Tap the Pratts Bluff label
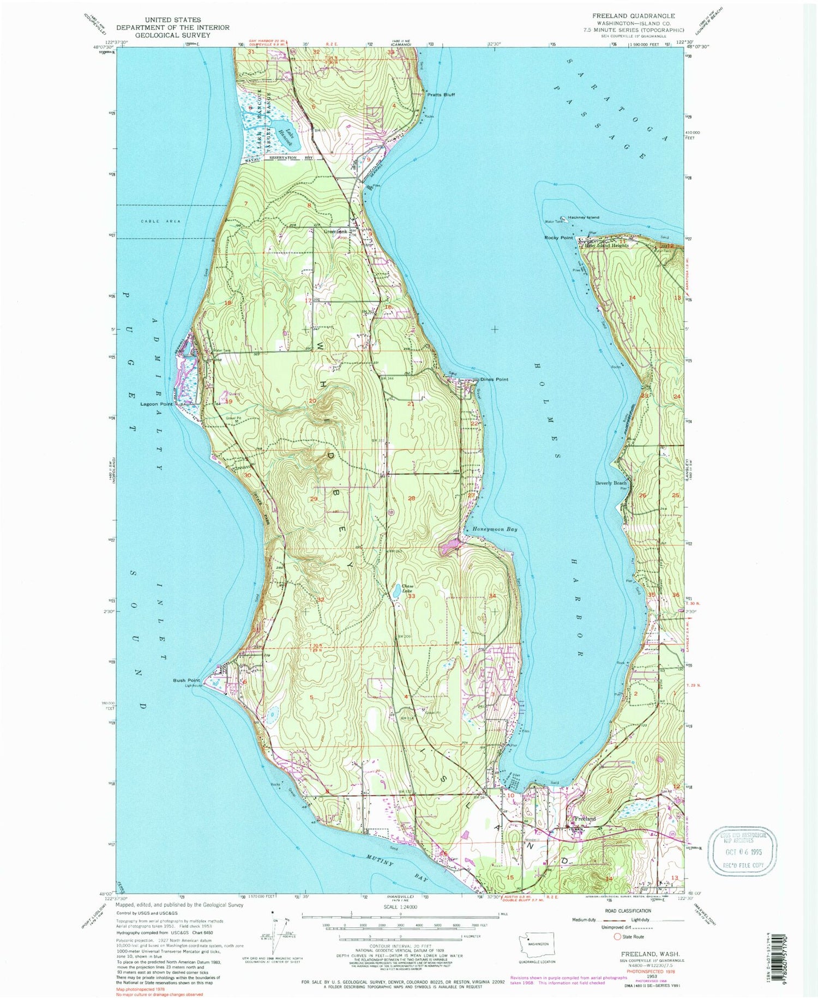click(x=441, y=94)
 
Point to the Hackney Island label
click(x=583, y=217)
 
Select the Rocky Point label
click(x=558, y=238)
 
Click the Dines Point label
click(x=494, y=379)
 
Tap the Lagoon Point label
click(x=156, y=404)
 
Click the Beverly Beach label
click(x=611, y=483)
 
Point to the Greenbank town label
click(x=335, y=231)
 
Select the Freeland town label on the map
click(x=584, y=819)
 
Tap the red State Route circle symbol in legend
click(x=617, y=936)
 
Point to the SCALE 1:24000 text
click(x=400, y=907)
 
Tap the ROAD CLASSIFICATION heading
click(x=627, y=910)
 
